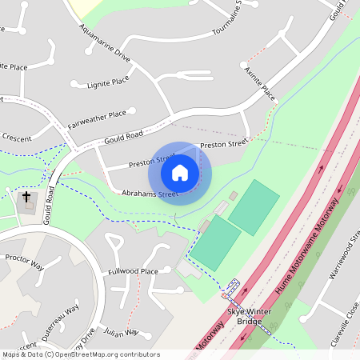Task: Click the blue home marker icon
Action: (180, 172)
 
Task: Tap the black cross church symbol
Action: (26, 196)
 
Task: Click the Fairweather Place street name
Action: (97, 119)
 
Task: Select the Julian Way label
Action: (121, 331)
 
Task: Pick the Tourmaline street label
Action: (235, 22)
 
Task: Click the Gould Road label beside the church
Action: (50, 204)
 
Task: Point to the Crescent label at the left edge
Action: (16, 138)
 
